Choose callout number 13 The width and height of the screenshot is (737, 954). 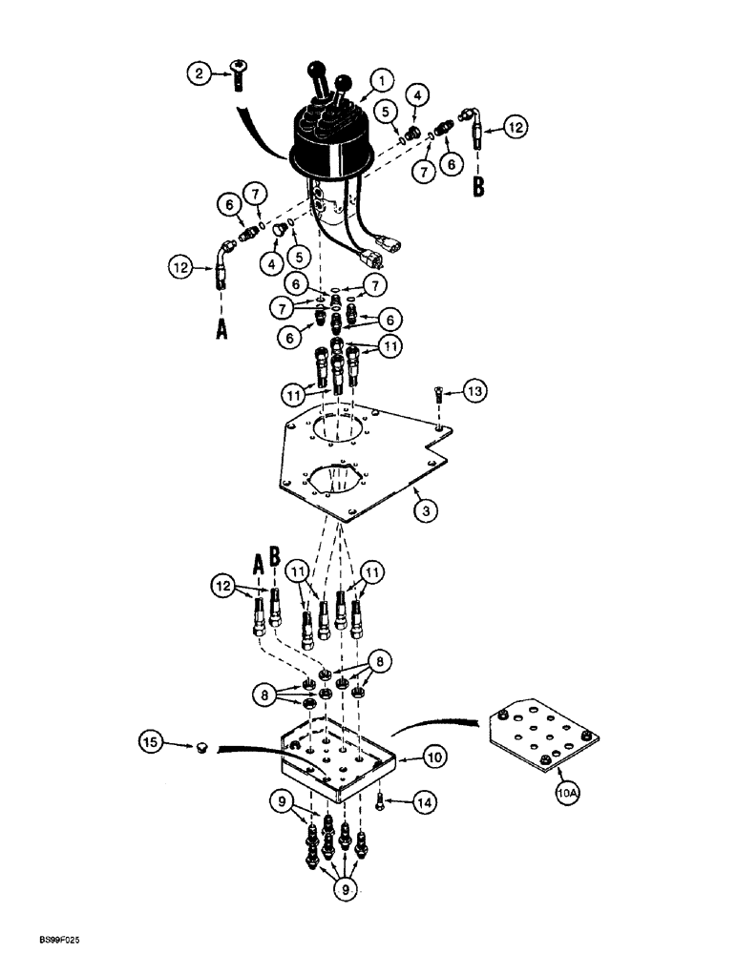[x=474, y=389]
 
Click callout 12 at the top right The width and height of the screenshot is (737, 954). [x=515, y=125]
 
